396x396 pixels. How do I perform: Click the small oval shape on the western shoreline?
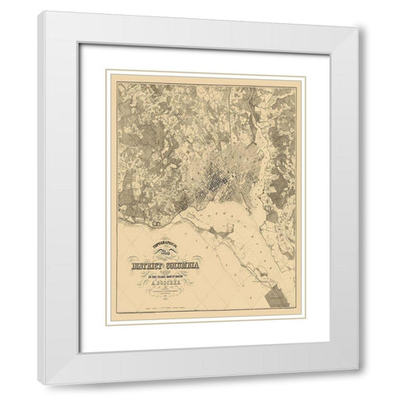tap(154, 220)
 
